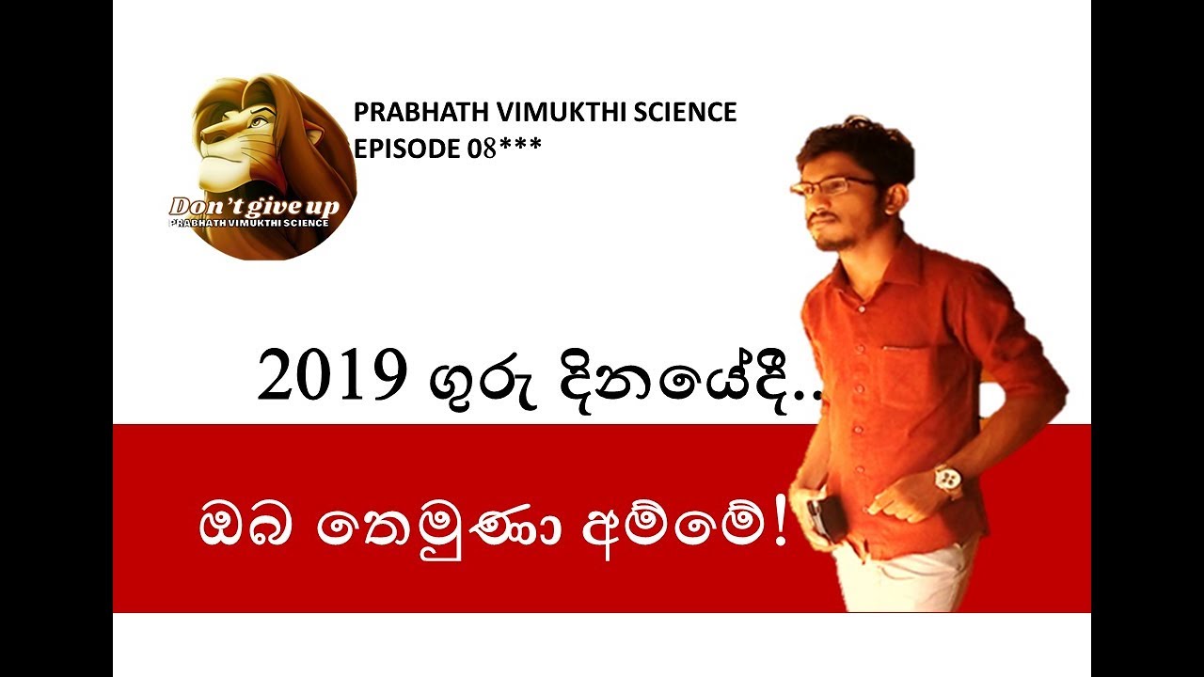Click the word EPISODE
(407, 148)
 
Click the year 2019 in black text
(325, 378)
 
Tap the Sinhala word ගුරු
(461, 380)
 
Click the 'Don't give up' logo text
(253, 207)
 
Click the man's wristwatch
(948, 480)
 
